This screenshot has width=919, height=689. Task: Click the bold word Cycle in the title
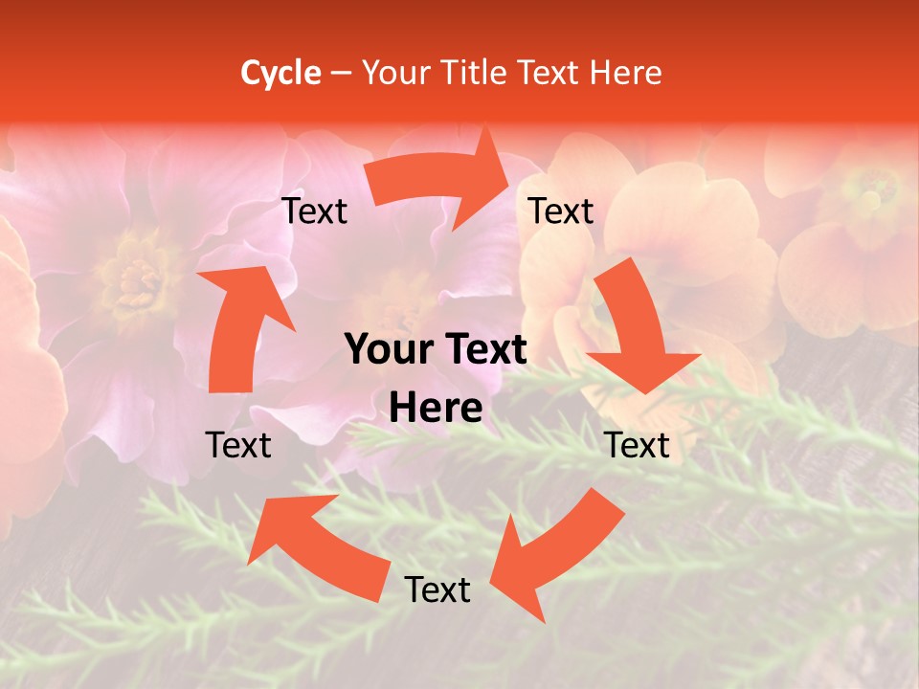280,73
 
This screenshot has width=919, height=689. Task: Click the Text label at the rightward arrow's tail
315,211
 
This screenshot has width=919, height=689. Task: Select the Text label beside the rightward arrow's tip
561,211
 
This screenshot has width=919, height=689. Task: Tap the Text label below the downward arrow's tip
638,445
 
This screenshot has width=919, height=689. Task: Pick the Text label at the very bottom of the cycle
437,590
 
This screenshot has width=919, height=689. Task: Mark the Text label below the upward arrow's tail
238,445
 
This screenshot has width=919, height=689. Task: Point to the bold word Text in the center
482,350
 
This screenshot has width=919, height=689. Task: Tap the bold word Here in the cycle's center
436,408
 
